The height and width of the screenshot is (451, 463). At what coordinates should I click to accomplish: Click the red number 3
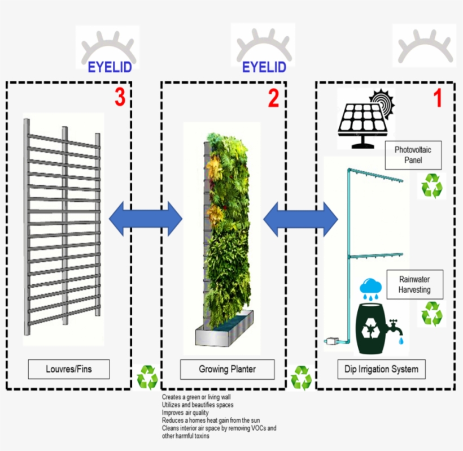coord(119,98)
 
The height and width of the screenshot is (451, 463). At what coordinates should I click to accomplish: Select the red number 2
coord(273,98)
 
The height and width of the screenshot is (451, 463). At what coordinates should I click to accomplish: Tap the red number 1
coord(438,98)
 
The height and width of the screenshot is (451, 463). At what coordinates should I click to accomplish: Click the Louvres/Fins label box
coord(69,370)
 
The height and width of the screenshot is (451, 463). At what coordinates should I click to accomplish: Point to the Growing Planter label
coord(227,370)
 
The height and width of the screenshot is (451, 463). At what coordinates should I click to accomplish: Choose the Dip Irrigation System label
coord(381,370)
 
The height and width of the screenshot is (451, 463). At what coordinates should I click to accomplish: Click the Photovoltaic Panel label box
coord(413,155)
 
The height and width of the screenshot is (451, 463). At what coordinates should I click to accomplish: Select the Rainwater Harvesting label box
coord(414,284)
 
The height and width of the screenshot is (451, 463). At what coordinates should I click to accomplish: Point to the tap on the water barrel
coord(396,328)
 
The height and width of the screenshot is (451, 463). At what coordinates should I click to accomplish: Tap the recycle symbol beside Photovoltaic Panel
coord(432,185)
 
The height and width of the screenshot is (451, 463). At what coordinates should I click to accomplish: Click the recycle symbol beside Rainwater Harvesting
coord(432,314)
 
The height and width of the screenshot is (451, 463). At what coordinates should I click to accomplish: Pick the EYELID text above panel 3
coord(110,68)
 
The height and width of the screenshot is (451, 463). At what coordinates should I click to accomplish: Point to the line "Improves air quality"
coord(185,413)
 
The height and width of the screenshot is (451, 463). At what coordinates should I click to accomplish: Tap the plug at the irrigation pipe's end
coord(330,341)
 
